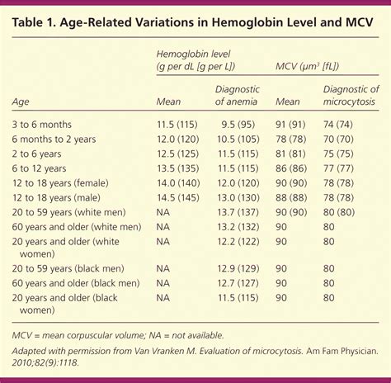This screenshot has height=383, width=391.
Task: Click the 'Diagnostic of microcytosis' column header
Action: pos(351,96)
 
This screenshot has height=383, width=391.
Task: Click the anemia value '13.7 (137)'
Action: pos(238,211)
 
